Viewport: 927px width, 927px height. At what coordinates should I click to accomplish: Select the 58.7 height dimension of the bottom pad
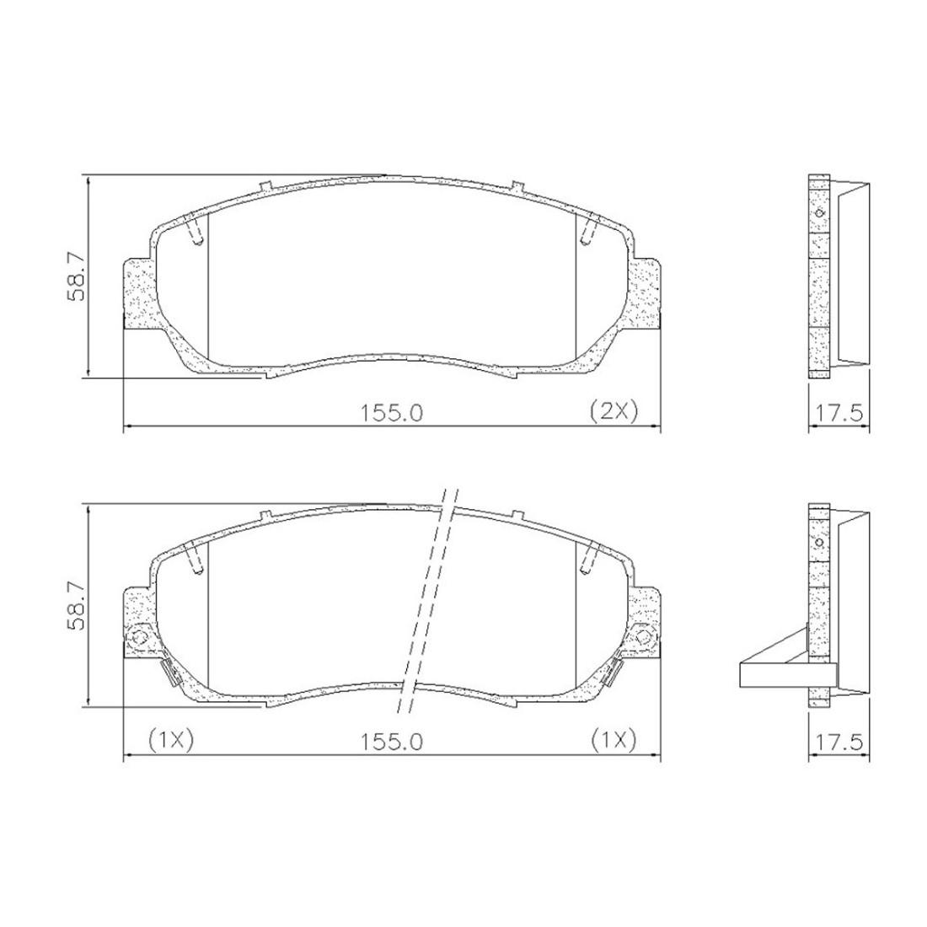tap(75, 606)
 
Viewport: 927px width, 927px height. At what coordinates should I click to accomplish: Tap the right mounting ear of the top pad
tap(647, 293)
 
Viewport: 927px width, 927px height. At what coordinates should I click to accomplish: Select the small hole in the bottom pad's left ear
tap(140, 635)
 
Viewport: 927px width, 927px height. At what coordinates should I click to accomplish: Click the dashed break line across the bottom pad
tap(428, 598)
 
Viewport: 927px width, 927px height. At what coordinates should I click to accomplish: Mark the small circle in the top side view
tap(819, 212)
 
